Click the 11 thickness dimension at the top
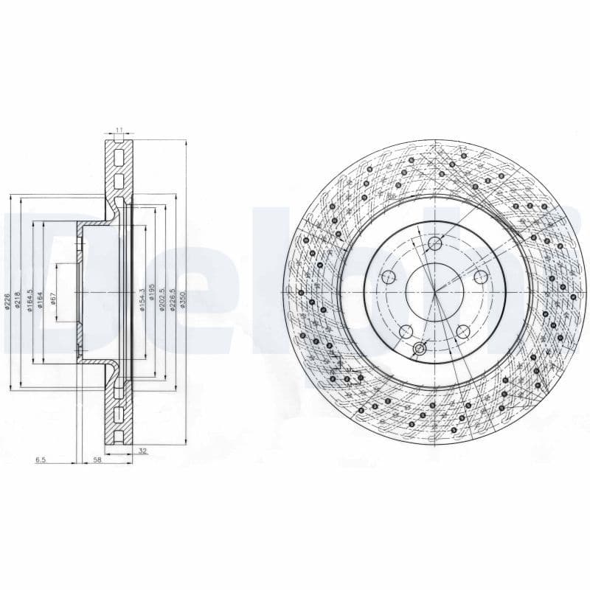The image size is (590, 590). point(119,131)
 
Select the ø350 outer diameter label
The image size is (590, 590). point(182,300)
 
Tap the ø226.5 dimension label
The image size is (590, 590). point(172,300)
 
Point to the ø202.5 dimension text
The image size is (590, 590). point(162,300)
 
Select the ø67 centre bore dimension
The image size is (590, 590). point(53,299)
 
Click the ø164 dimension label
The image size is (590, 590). point(40,300)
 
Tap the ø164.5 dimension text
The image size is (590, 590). point(29,300)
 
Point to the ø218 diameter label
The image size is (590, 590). point(18,300)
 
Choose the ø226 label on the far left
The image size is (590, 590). point(7,300)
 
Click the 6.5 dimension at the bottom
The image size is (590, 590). point(40,460)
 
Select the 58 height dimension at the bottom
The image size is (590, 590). point(97,460)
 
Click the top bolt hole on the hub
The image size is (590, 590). point(434,244)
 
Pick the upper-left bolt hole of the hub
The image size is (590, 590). point(389,277)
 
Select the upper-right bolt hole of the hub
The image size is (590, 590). point(481,277)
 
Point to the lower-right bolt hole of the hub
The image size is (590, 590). point(463,332)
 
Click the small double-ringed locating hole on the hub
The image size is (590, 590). point(420,348)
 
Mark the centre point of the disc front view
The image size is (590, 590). point(435,292)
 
